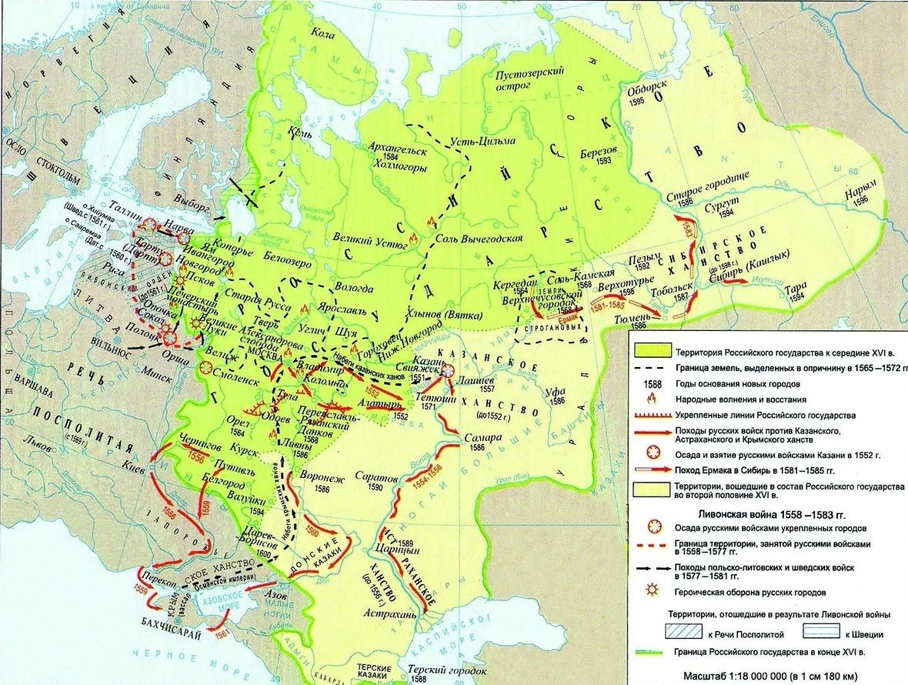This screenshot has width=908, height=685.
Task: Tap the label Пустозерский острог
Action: coord(530,77)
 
